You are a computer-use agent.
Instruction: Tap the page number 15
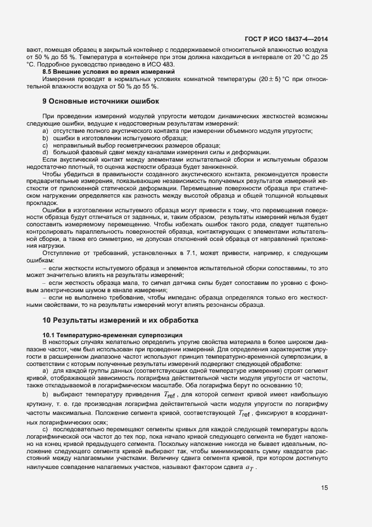(x=325, y=488)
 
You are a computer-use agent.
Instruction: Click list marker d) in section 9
(x=45, y=152)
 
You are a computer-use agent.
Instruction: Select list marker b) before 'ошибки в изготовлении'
(x=45, y=138)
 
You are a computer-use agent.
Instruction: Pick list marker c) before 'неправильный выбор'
(x=45, y=145)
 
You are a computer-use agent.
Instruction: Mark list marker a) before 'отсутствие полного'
(x=45, y=131)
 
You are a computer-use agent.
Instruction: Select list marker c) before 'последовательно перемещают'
(x=45, y=430)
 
